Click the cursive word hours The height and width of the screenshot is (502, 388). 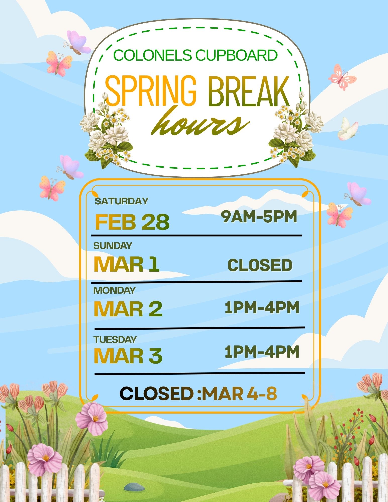click(x=200, y=121)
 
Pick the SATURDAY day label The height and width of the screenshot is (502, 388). click(x=122, y=201)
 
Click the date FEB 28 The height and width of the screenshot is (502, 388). click(x=132, y=222)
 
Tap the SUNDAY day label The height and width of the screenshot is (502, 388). click(x=113, y=246)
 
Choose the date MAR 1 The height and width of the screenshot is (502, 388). click(x=127, y=264)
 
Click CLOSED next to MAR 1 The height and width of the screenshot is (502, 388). click(x=260, y=265)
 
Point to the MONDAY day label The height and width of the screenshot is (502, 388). click(x=114, y=290)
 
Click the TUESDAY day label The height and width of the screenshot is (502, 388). click(x=115, y=340)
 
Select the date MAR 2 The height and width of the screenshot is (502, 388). click(x=128, y=309)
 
